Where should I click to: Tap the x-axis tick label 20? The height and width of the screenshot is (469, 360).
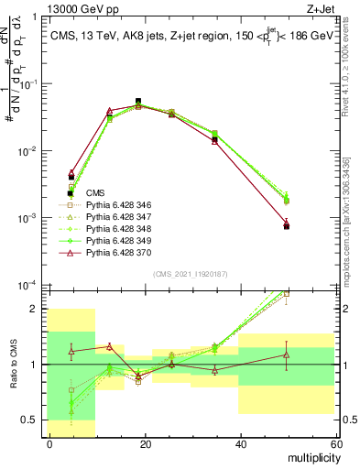coord(145,444)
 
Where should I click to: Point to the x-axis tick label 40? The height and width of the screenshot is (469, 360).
coord(240,444)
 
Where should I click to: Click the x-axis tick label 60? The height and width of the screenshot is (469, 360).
coord(334,444)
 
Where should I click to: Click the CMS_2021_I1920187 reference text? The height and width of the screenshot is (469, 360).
coord(191,274)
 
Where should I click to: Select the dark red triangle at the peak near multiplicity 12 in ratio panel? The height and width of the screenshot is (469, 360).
coord(109,346)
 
